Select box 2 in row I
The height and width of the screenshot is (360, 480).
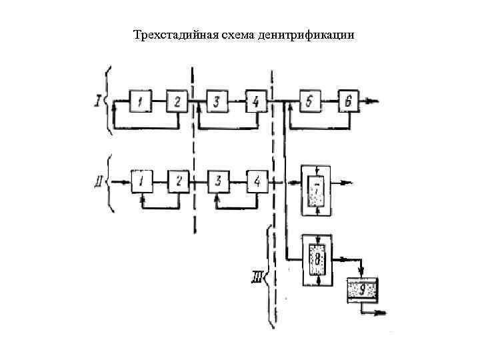point(177,101)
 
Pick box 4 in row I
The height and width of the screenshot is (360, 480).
point(256,101)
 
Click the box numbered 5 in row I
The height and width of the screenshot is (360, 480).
point(310,101)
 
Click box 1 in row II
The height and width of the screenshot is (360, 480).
point(142,181)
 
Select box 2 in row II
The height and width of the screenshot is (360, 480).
point(178,181)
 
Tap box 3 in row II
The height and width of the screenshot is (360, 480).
point(218,181)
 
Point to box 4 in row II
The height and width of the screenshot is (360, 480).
point(257,181)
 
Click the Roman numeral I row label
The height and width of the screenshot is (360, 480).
point(98,101)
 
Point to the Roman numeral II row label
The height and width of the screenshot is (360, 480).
point(98,181)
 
